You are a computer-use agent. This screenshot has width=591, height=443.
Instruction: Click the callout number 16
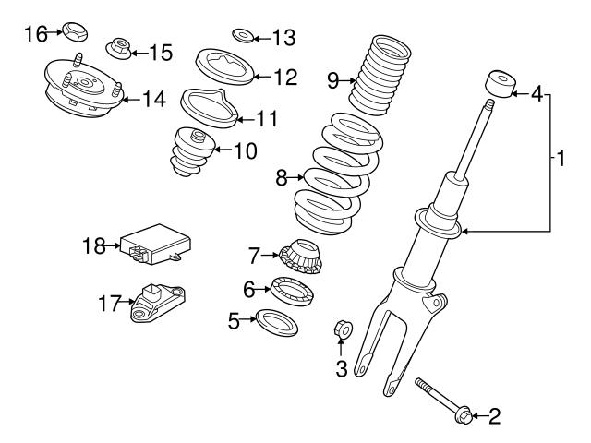point(34,34)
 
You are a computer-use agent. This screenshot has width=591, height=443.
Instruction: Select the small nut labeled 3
point(339,328)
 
